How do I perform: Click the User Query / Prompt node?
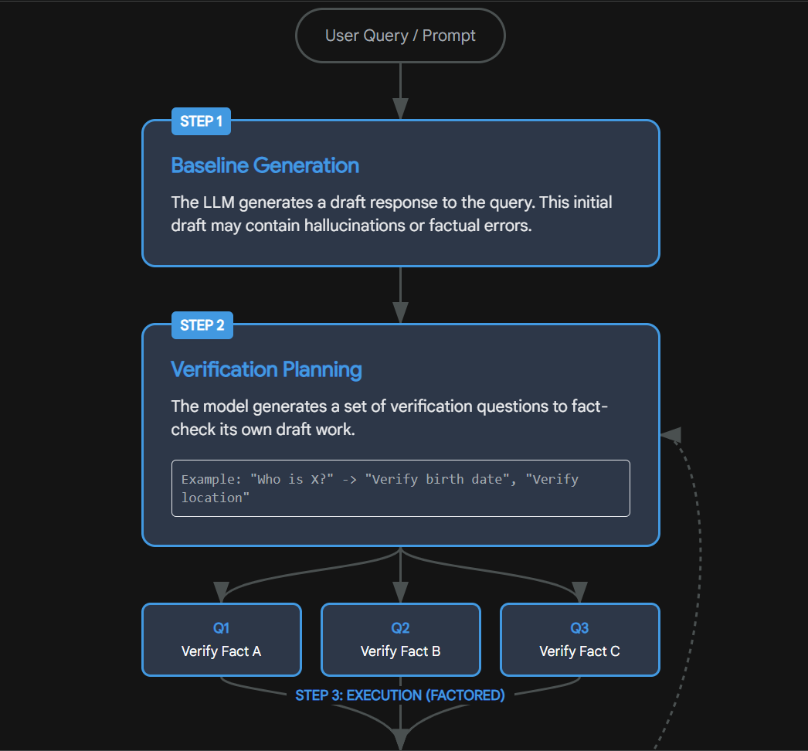400,36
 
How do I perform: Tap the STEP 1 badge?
201,121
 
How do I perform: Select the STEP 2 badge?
202,325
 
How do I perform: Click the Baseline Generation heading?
265,165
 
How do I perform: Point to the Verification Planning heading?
267,369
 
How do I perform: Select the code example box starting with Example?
400,488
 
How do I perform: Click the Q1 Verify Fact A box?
221,640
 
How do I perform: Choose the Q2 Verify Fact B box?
400,640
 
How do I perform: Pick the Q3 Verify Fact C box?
579,640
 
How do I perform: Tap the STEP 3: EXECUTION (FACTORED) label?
400,695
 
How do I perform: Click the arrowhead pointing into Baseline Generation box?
400,109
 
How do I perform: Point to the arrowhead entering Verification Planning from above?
400,312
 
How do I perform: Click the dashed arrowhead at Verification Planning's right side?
671,435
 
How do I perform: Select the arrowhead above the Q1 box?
221,593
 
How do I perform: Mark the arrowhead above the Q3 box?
579,593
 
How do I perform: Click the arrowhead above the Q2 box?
400,593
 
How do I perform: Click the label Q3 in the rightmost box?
579,628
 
